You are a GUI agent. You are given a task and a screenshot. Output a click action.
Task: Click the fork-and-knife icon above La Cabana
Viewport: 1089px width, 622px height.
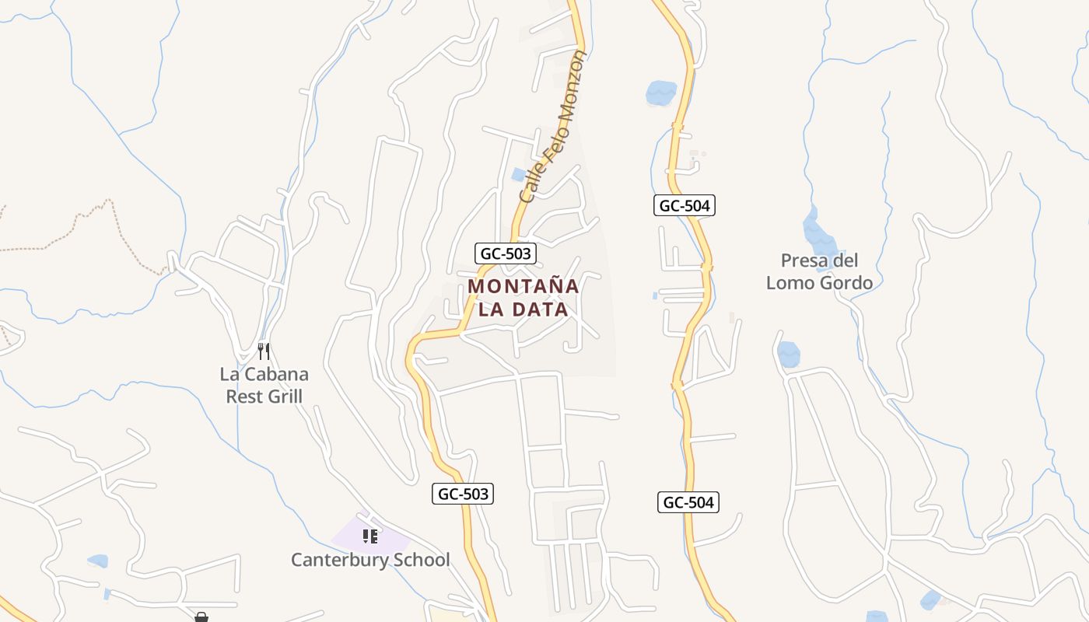click(x=264, y=351)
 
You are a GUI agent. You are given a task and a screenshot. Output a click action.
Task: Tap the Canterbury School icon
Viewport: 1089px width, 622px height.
click(x=370, y=536)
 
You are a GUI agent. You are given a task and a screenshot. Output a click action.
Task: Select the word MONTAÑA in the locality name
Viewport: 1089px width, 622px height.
click(x=523, y=286)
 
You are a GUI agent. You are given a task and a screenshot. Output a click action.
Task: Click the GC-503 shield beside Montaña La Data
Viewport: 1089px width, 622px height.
click(x=506, y=253)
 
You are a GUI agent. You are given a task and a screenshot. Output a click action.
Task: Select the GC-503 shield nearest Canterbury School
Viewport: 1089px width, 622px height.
click(x=463, y=494)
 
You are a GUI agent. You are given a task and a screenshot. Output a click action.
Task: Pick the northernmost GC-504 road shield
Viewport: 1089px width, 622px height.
click(x=684, y=205)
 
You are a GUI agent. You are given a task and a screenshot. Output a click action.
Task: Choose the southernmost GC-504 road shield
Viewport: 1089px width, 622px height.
click(x=688, y=502)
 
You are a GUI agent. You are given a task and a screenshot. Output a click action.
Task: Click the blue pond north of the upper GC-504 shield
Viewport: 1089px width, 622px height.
click(x=660, y=93)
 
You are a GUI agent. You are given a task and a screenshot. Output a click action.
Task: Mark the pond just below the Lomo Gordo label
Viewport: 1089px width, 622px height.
click(x=788, y=354)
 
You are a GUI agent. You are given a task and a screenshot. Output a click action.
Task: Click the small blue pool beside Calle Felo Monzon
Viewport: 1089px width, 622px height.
click(x=518, y=175)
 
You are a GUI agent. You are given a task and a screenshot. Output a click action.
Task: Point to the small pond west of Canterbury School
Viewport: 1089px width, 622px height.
click(x=98, y=561)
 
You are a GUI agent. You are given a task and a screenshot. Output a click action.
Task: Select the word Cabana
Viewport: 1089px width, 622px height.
click(x=277, y=374)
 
